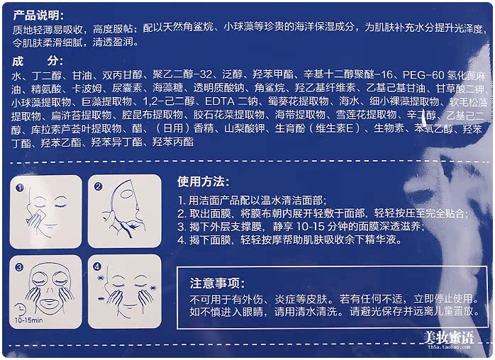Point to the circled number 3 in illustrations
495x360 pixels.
[x=21, y=268]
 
